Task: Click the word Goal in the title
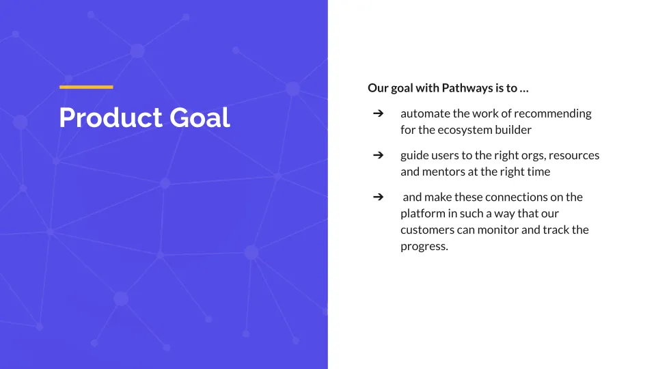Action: pos(200,117)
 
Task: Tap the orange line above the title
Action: pos(86,87)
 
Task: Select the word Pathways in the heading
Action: pos(467,88)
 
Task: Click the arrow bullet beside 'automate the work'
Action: pos(378,113)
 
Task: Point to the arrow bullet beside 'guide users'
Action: pos(378,155)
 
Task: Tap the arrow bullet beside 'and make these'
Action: pos(378,197)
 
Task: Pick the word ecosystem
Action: pos(465,130)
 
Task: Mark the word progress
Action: pos(424,247)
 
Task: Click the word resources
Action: pos(574,156)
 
